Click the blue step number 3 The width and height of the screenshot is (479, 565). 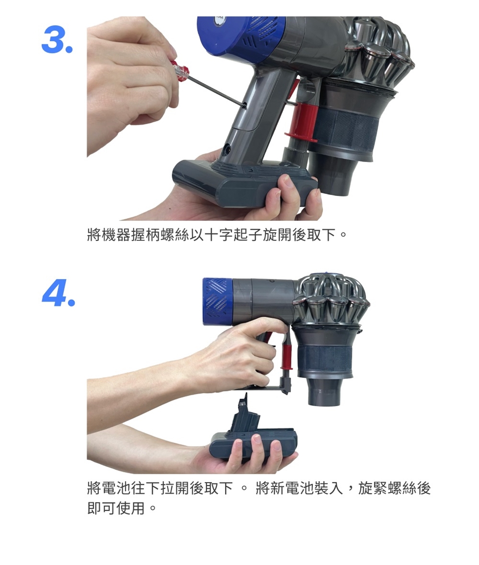[x=57, y=40]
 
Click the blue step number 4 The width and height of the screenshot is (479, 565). [x=58, y=292]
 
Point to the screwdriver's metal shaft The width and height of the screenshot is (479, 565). [x=216, y=90]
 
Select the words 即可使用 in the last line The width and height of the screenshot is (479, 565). [x=116, y=509]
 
